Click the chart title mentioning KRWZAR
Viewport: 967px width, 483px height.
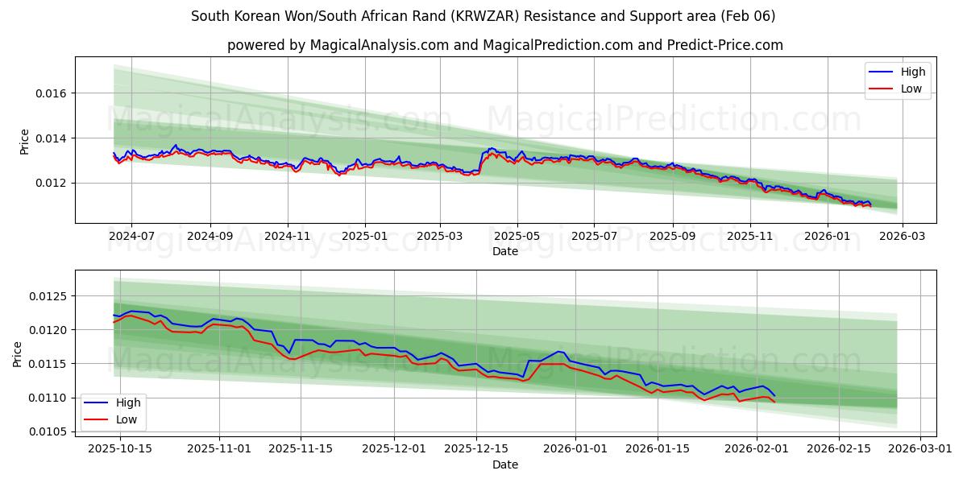coord(483,16)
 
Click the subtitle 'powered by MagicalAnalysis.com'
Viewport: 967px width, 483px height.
coord(504,45)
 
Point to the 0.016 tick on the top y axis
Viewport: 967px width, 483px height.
coord(52,93)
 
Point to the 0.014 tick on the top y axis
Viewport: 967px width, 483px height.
coord(52,138)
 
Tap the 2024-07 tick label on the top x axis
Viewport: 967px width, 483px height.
coord(131,237)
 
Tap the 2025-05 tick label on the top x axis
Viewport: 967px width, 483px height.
coord(517,237)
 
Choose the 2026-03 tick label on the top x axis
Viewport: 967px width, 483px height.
coord(902,237)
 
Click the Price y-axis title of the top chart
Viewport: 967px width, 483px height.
coord(24,142)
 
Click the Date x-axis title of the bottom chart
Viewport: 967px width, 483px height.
coord(504,464)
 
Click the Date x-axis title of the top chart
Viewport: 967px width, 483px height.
coord(504,251)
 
